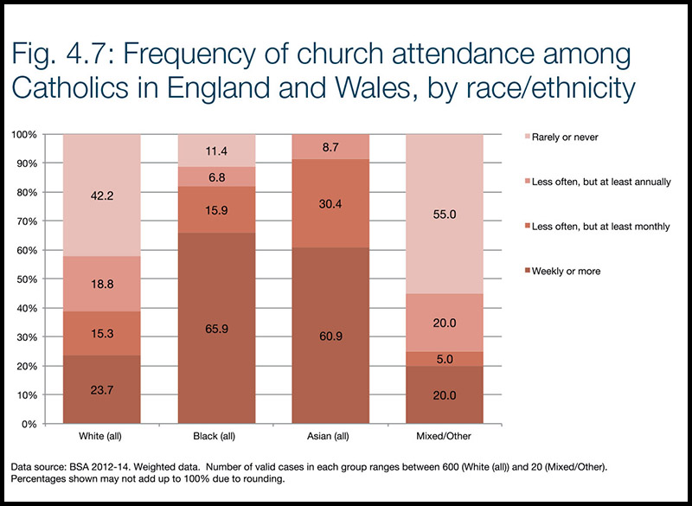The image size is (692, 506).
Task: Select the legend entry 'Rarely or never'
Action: click(x=566, y=138)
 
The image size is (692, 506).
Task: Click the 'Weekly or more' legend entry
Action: click(x=565, y=272)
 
